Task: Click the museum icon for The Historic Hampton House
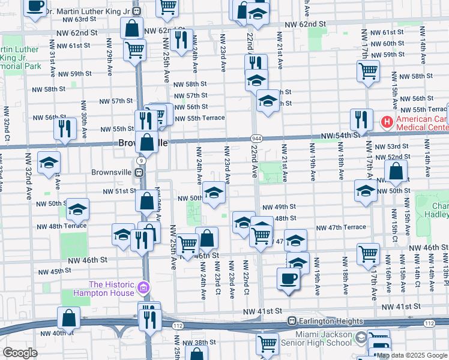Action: [x=142, y=289]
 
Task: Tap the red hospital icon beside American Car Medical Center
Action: [x=387, y=122]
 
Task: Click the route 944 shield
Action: [x=257, y=139]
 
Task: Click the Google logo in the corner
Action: [x=20, y=353]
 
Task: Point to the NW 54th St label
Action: [x=340, y=136]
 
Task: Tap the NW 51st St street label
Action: [x=120, y=191]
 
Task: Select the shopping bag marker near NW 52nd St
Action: [x=396, y=173]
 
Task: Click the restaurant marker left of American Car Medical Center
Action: [x=361, y=119]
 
